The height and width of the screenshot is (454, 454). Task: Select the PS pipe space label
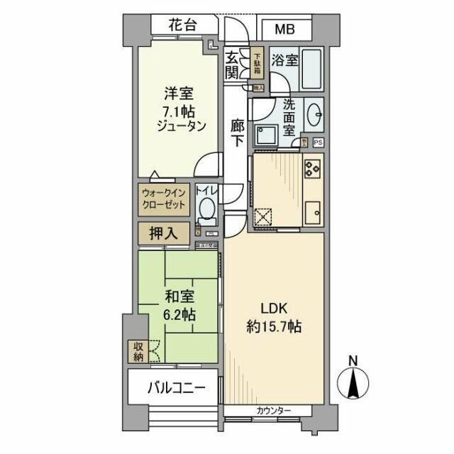(317, 142)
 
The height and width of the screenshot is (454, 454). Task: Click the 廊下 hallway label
(238, 133)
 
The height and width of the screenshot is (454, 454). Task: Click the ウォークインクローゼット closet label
(164, 198)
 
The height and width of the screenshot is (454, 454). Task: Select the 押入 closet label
(164, 232)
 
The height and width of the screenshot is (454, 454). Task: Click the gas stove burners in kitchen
(312, 168)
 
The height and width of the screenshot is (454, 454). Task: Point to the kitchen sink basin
(312, 212)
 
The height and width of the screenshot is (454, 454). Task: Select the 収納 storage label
(137, 352)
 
